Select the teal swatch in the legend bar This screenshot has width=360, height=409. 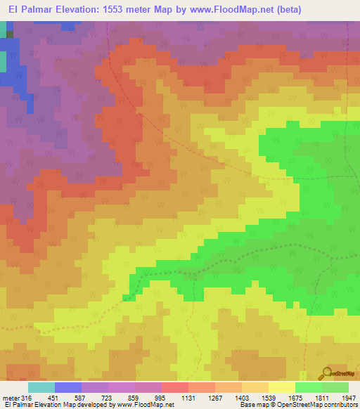41,387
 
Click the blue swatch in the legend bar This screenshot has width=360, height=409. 68,387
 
